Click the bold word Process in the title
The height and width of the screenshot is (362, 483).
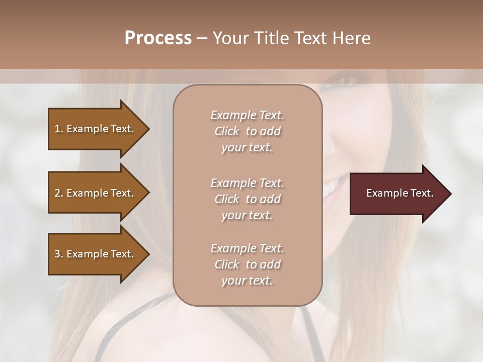click(158, 38)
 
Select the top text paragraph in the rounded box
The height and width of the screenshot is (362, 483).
click(247, 131)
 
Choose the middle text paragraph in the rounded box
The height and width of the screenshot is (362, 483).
click(247, 199)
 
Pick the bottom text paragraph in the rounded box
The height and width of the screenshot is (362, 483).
click(247, 264)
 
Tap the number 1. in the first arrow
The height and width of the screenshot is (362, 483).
click(59, 129)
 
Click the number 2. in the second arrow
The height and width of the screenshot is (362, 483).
click(59, 193)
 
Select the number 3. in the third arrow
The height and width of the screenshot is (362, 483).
click(59, 254)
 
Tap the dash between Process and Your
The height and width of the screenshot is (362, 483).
click(202, 39)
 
